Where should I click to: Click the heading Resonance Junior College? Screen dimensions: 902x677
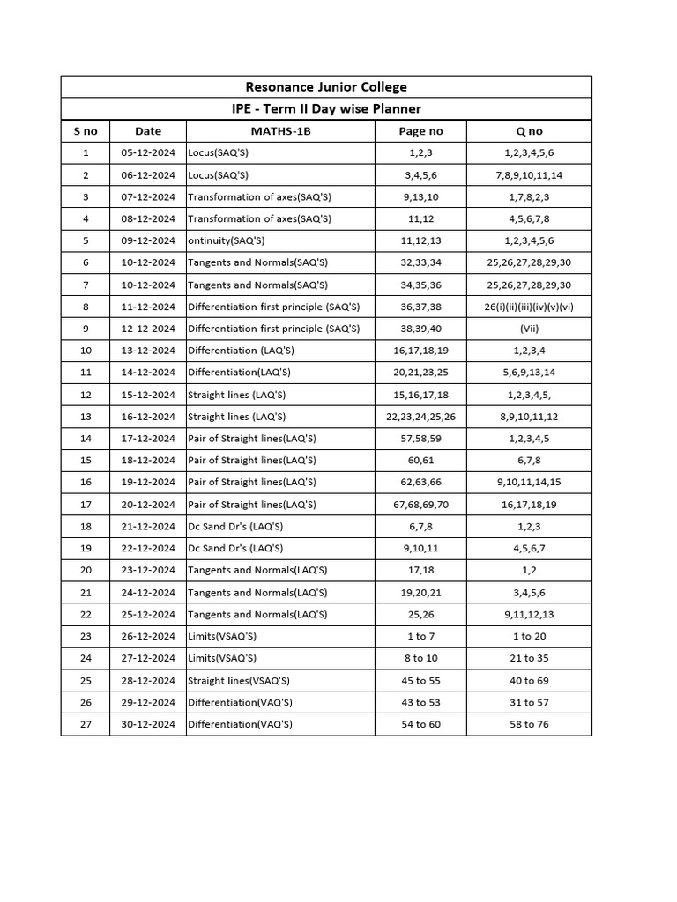(x=325, y=86)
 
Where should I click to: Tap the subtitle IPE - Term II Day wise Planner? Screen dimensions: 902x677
(x=325, y=108)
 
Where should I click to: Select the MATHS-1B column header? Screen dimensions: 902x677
(x=279, y=131)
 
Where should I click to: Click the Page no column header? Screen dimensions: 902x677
(x=420, y=131)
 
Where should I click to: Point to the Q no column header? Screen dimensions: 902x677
(x=529, y=131)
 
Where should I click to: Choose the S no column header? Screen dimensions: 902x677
(x=86, y=131)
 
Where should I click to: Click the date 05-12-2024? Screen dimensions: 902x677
(x=148, y=152)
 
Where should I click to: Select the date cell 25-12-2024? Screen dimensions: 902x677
(x=148, y=614)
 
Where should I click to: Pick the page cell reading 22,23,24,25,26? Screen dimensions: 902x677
(x=420, y=417)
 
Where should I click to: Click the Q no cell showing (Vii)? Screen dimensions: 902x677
(x=529, y=329)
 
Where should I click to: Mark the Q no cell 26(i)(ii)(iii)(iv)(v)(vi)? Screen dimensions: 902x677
(x=529, y=307)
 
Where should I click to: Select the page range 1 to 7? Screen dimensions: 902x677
(x=420, y=636)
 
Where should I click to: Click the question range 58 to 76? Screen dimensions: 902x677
(x=529, y=724)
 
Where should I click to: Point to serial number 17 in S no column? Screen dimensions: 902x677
(x=86, y=505)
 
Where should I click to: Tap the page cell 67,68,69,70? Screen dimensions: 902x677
(x=420, y=505)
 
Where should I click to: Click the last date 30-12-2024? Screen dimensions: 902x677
(x=148, y=724)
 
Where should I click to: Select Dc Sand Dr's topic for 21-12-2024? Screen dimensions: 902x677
(x=235, y=526)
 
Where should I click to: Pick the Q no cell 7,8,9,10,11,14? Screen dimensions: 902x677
(x=529, y=174)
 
